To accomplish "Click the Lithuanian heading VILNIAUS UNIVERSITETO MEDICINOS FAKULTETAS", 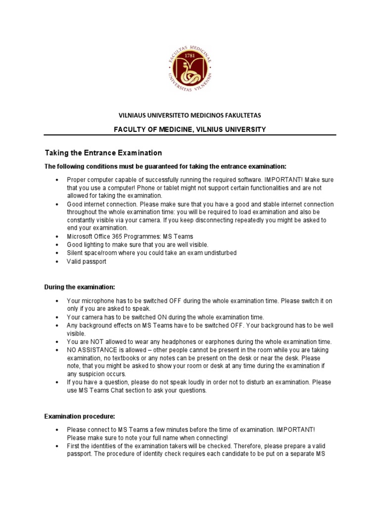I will click(x=190, y=115).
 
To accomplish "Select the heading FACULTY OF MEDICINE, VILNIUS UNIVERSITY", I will click(x=190, y=129).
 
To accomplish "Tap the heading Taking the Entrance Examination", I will click(x=103, y=153).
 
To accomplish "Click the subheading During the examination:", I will click(x=80, y=287).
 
